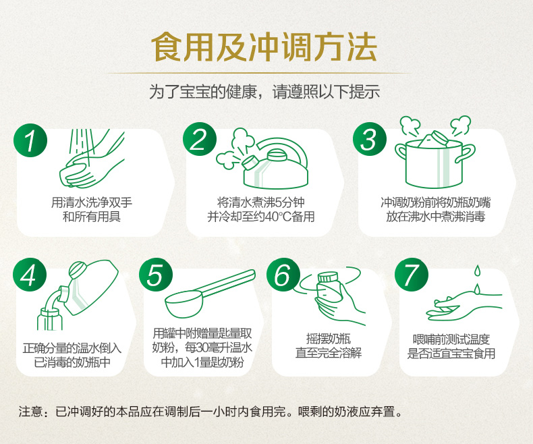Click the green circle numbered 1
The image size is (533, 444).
point(30,140)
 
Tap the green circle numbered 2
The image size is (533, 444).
point(200,139)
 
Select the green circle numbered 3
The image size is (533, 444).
point(370,139)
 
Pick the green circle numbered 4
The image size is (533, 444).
point(30,275)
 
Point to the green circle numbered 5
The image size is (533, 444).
point(156,275)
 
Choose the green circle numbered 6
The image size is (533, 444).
point(283,275)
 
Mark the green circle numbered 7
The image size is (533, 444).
point(411,275)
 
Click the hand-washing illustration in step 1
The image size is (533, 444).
point(92,159)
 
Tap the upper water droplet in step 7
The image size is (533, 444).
point(478,271)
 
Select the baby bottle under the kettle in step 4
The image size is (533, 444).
point(50,318)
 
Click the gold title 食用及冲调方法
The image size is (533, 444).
point(264,47)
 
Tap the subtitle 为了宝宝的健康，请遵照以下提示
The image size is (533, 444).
point(264,92)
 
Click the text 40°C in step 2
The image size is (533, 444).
point(278,217)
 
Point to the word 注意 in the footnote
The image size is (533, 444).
point(30,412)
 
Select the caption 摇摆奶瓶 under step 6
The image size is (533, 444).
point(329,339)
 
